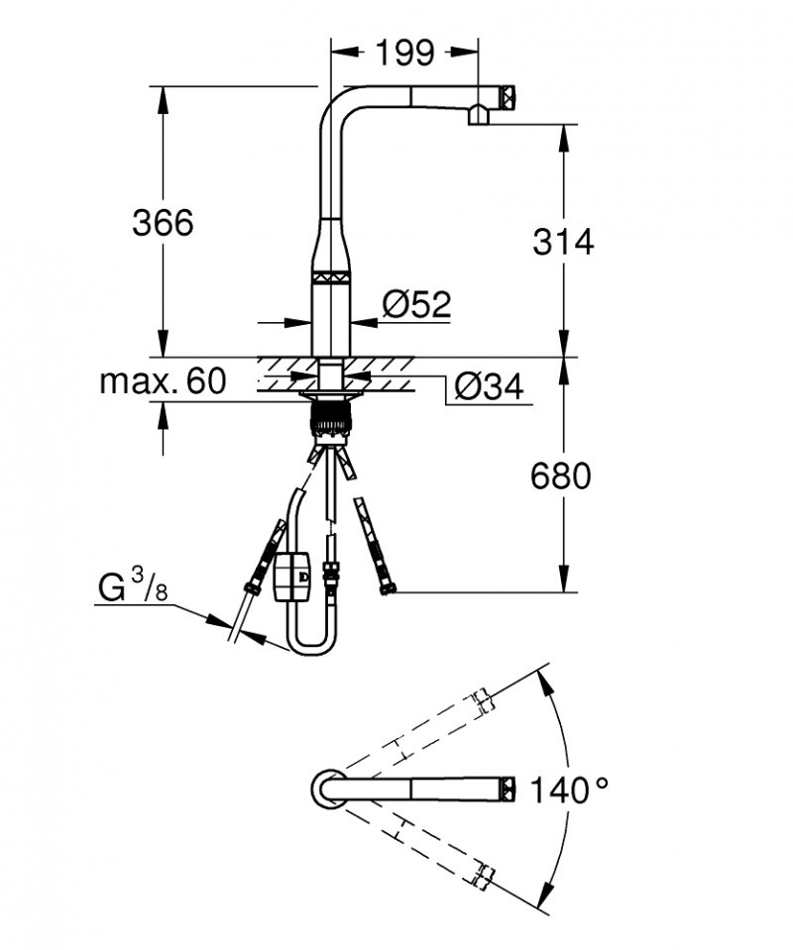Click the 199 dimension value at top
404,53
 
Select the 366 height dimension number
164,223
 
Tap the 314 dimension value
563,241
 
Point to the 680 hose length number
561,476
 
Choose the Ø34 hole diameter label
488,388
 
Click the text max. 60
162,380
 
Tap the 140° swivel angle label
567,790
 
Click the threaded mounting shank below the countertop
331,414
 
